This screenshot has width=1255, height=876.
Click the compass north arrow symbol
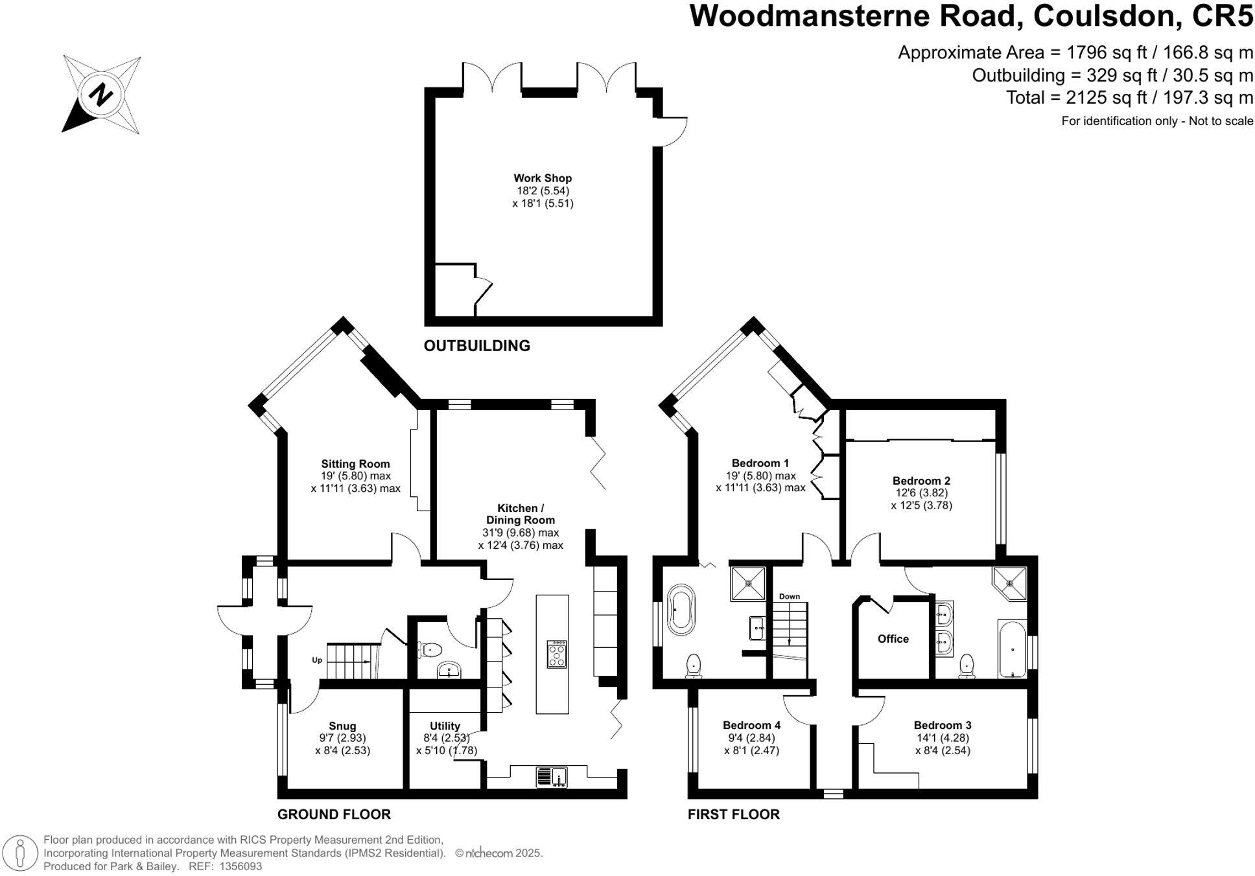[101, 95]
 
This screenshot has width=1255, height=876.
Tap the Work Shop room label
[543, 178]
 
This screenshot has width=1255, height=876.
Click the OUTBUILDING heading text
[476, 346]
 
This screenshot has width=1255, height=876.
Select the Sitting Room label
[355, 464]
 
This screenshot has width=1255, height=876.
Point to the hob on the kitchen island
[557, 654]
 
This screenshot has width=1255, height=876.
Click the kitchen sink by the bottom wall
[552, 776]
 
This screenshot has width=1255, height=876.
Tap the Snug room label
[342, 726]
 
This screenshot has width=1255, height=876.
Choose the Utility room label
[445, 726]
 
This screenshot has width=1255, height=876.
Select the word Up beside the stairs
[317, 660]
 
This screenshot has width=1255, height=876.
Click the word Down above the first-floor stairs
[789, 596]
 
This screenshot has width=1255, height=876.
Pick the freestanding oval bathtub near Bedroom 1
[680, 609]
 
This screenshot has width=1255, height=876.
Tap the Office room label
[893, 639]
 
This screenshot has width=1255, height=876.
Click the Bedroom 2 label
[921, 481]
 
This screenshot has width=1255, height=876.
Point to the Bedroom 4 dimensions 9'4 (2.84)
[751, 738]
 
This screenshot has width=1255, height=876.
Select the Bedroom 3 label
[942, 726]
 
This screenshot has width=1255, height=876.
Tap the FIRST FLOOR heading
[733, 814]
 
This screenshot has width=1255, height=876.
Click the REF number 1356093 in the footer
[240, 866]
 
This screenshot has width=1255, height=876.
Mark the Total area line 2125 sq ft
[1129, 98]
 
